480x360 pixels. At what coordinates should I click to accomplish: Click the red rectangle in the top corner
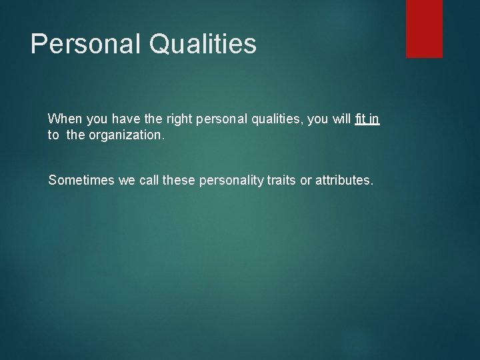pyautogui.click(x=424, y=28)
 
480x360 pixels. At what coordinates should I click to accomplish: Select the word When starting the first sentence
pyautogui.click(x=64, y=119)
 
